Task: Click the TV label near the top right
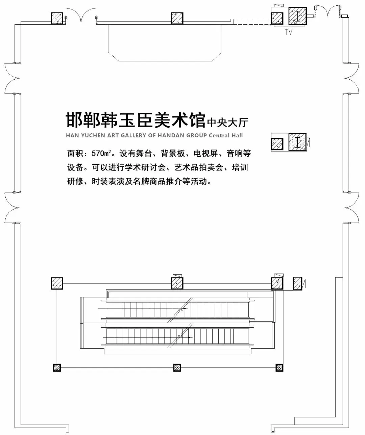[x=288, y=32]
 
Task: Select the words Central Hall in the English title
[x=226, y=136]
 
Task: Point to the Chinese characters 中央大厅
[x=227, y=122]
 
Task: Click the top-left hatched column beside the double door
[x=57, y=18]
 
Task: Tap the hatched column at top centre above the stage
[x=177, y=18]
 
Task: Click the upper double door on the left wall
[x=11, y=78]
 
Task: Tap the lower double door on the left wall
[x=11, y=208]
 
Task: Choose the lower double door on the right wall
[x=353, y=207]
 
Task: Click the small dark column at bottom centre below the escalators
[x=177, y=368]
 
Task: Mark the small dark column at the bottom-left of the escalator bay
[x=57, y=368]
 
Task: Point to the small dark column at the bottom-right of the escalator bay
[x=279, y=368]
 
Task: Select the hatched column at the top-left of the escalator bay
[x=57, y=283]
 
